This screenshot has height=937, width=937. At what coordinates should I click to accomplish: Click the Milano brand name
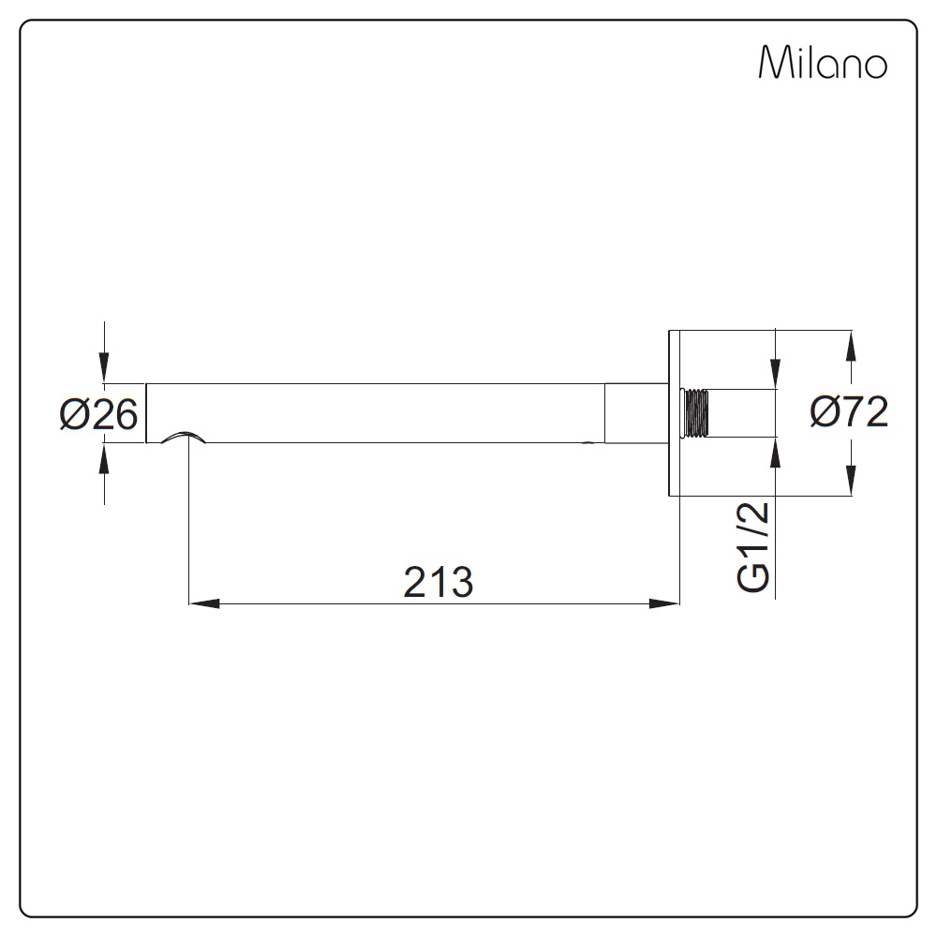pyautogui.click(x=823, y=62)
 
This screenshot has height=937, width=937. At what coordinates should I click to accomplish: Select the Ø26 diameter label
pyautogui.click(x=98, y=414)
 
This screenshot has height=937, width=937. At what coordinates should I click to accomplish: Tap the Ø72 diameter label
pyautogui.click(x=849, y=412)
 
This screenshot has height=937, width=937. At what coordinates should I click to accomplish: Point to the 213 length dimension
pyautogui.click(x=439, y=582)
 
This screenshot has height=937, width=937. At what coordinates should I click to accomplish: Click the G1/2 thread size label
pyautogui.click(x=753, y=547)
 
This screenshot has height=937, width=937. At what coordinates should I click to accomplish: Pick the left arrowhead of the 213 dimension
pyautogui.click(x=203, y=603)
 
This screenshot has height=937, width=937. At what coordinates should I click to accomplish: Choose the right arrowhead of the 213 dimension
pyautogui.click(x=664, y=603)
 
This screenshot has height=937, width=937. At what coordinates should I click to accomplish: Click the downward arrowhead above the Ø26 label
pyautogui.click(x=105, y=367)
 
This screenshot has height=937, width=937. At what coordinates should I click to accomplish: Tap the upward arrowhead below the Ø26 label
pyautogui.click(x=105, y=458)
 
